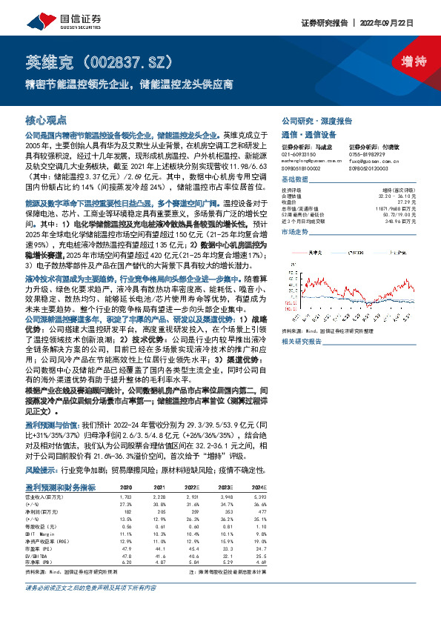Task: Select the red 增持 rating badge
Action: (407, 62)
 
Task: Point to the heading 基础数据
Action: (294, 179)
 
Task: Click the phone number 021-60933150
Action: (299, 154)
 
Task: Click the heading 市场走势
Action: (294, 232)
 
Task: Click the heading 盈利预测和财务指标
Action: (61, 465)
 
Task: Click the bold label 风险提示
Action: (42, 449)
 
